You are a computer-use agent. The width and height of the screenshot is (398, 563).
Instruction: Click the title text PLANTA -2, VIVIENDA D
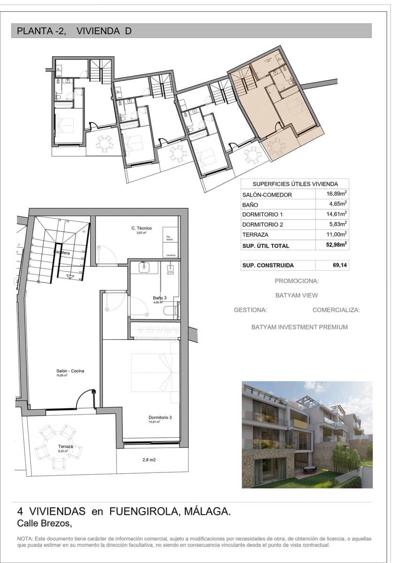[x=74, y=31]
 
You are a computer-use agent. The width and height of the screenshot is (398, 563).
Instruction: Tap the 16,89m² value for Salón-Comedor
[x=337, y=194]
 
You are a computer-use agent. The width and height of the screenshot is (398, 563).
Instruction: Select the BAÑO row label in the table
[x=250, y=205]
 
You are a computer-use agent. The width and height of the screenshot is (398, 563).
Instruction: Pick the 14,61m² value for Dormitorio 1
[x=337, y=214]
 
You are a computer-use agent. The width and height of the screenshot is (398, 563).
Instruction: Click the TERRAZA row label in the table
[x=255, y=235]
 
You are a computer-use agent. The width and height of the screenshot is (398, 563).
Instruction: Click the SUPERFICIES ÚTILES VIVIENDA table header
[x=295, y=184]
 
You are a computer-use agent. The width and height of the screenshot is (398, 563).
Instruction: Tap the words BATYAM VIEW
[x=296, y=296]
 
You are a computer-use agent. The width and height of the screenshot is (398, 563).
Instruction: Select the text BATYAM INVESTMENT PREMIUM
[x=299, y=327]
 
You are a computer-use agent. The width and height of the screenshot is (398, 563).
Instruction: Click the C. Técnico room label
[x=141, y=228]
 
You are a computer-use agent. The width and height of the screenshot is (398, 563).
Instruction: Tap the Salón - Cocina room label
[x=70, y=371]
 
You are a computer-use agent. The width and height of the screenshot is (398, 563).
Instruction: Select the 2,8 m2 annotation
[x=149, y=460]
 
